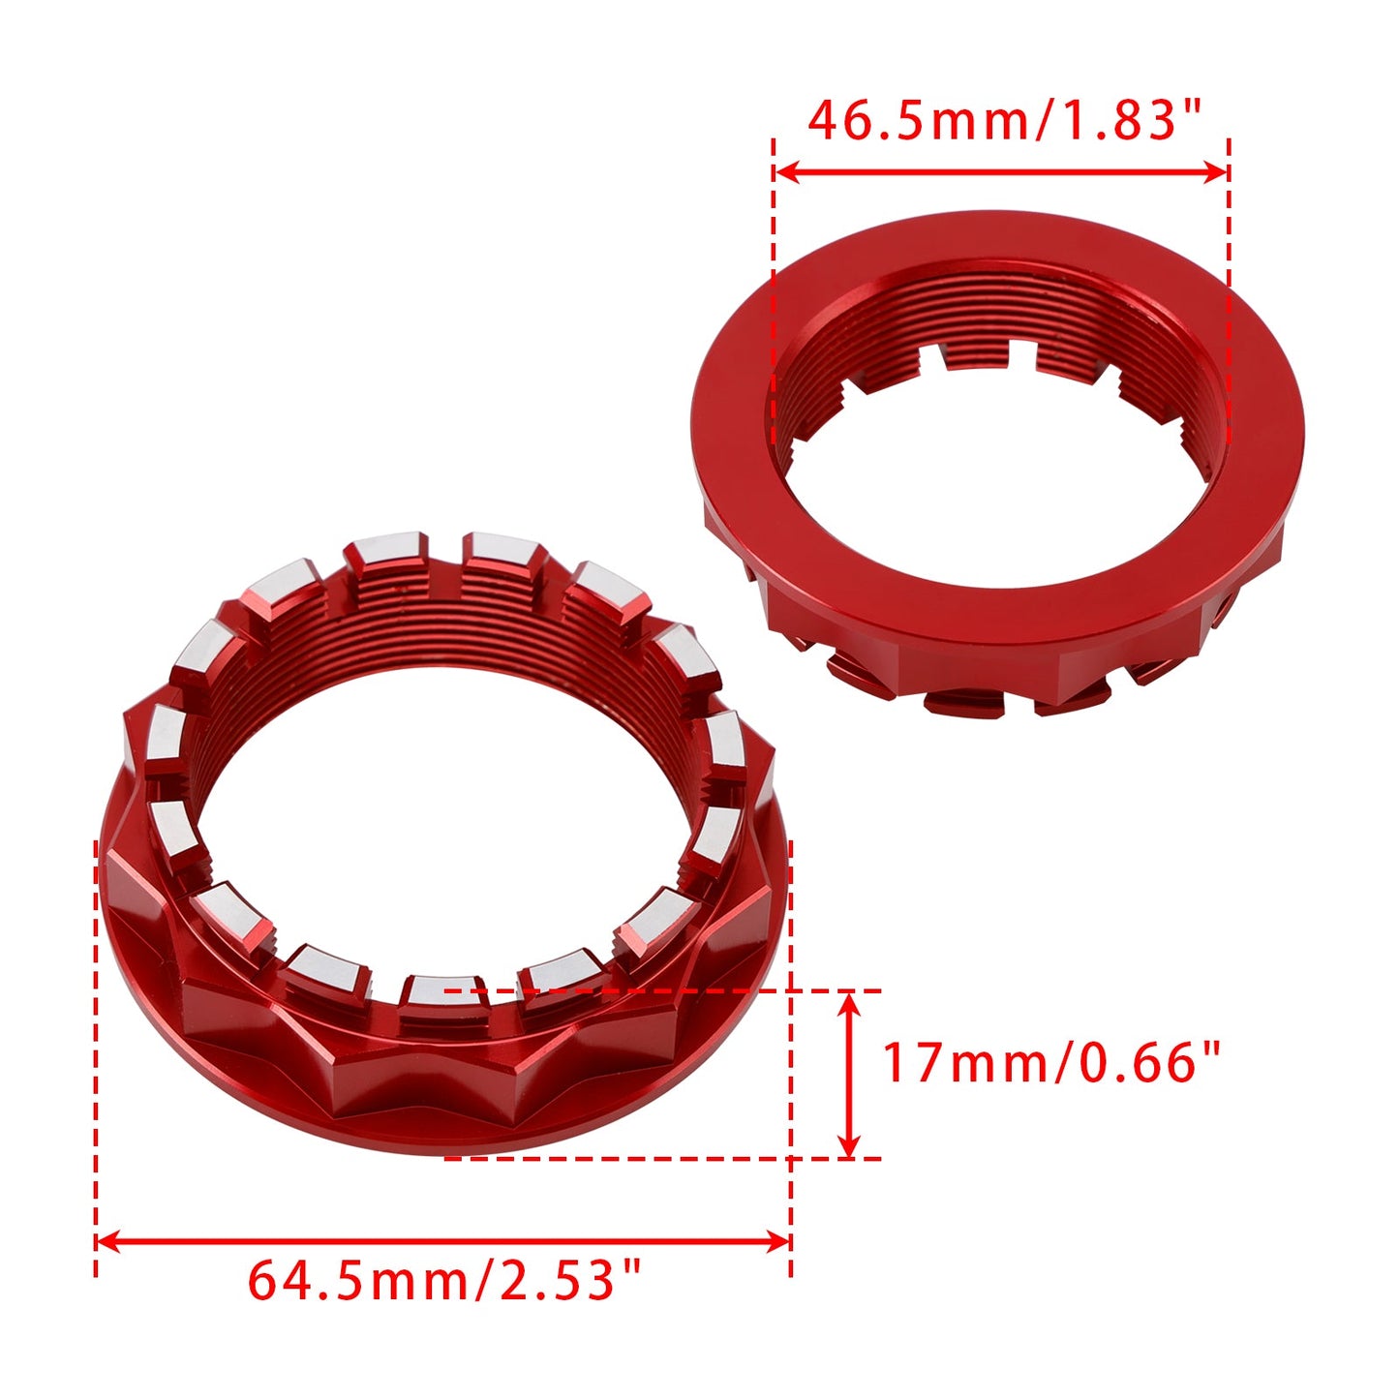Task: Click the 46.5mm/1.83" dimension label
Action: [1003, 120]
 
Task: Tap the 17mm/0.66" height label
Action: [1051, 1063]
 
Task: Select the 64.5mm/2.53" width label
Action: [444, 1281]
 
